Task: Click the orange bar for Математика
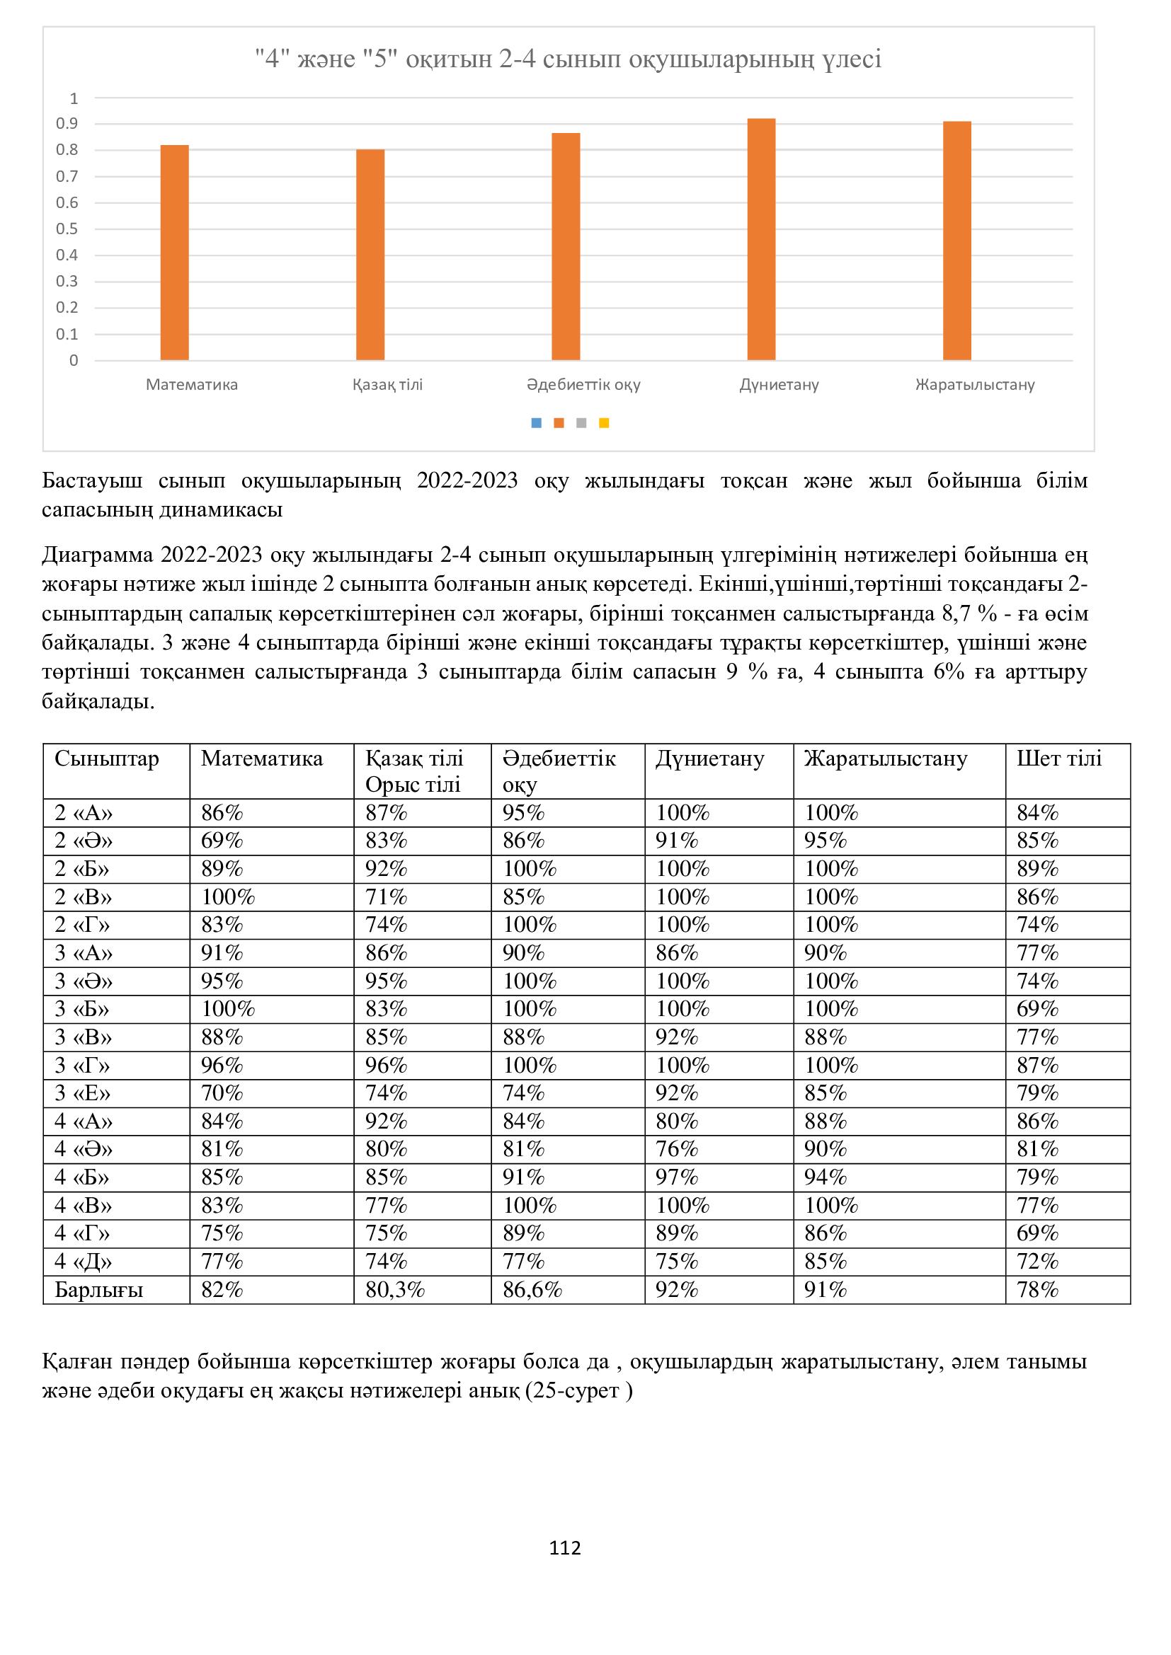point(174,253)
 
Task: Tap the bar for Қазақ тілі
point(370,255)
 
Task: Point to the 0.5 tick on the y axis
point(67,229)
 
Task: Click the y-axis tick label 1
point(74,98)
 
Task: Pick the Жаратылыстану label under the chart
point(975,385)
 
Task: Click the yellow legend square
point(604,423)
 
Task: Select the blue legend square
point(536,423)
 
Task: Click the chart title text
point(569,59)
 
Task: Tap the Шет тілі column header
point(1059,759)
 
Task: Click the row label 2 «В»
point(84,897)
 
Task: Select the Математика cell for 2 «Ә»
point(222,841)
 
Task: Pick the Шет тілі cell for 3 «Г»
point(1038,1066)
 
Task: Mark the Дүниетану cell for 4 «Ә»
point(677,1149)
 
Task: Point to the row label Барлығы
point(99,1290)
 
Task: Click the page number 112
point(565,1547)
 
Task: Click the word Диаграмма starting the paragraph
point(97,555)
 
